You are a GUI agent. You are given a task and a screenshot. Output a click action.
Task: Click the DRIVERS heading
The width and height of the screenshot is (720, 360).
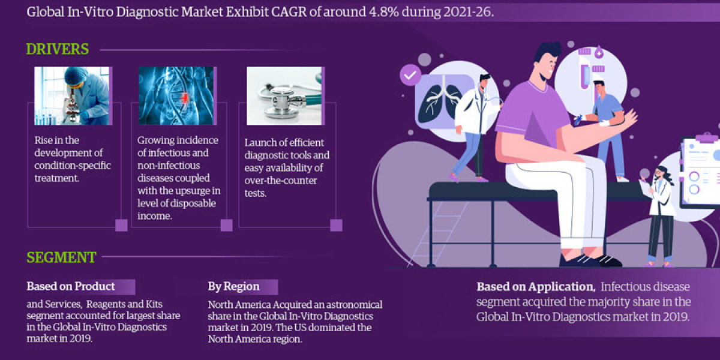pyautogui.click(x=58, y=49)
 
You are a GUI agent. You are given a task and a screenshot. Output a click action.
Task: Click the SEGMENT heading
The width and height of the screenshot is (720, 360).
pyautogui.click(x=61, y=257)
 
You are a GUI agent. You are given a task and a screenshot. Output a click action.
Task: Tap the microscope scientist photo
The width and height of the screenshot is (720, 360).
pyautogui.click(x=72, y=95)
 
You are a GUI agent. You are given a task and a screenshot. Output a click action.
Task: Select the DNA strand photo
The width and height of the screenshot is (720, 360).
pyautogui.click(x=176, y=95)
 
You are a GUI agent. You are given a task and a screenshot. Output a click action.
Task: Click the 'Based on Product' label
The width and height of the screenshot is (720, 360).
pyautogui.click(x=71, y=286)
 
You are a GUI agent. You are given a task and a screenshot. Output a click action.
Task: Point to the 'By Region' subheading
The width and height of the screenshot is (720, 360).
pyautogui.click(x=233, y=286)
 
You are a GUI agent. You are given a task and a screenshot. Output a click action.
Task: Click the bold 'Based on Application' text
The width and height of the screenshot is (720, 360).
pyautogui.click(x=535, y=287)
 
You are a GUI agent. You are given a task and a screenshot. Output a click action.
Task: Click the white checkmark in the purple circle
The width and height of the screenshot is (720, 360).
pyautogui.click(x=410, y=76)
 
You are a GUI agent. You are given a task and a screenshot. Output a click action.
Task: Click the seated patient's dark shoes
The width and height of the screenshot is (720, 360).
pyautogui.click(x=591, y=260)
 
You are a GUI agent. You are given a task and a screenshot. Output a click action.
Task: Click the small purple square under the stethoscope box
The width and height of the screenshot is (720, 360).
pyautogui.click(x=336, y=225)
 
